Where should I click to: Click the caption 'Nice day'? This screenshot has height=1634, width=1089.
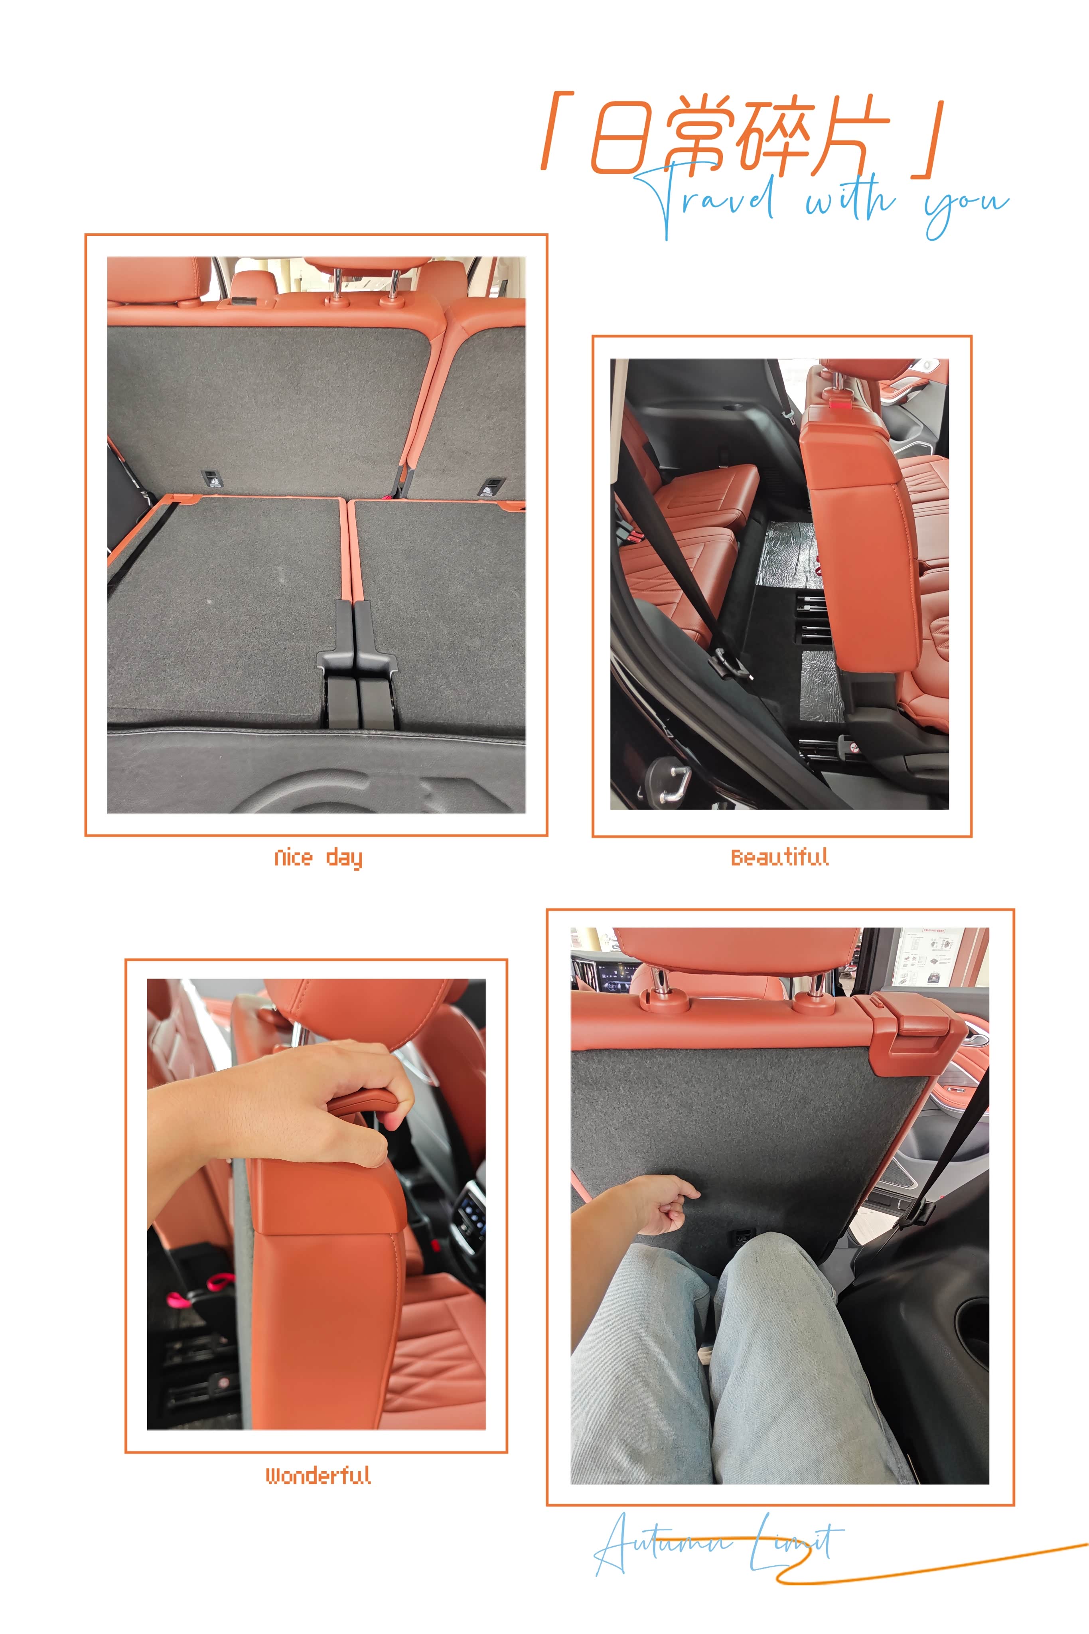coord(318,858)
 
